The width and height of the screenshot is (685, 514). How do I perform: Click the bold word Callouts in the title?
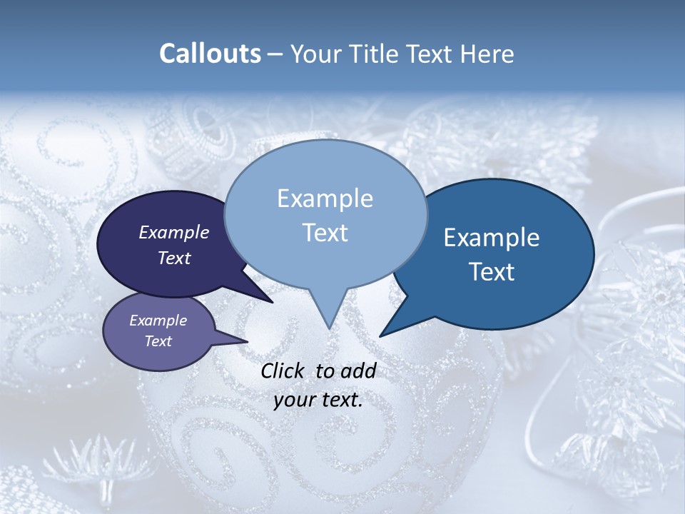tap(210, 54)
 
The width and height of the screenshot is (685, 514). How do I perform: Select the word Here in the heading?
tap(487, 54)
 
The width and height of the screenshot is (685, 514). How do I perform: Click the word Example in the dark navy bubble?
tap(174, 232)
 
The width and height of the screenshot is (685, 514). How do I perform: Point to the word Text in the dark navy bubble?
tap(174, 258)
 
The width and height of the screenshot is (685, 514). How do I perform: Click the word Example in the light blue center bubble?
tap(325, 198)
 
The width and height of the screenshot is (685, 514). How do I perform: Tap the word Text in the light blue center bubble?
tap(325, 233)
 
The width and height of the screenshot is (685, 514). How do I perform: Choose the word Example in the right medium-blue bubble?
tap(492, 238)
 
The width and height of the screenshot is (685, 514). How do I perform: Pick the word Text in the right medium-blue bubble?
tap(492, 272)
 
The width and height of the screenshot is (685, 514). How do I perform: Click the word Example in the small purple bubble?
tap(158, 321)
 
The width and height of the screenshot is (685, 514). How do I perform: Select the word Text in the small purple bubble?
tap(158, 341)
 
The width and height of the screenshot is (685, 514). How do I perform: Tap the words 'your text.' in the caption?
tap(318, 400)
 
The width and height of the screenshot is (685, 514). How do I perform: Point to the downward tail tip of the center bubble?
tap(329, 328)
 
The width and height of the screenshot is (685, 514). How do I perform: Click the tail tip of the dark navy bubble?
tap(273, 303)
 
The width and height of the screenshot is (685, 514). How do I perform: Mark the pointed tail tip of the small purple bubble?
tap(248, 341)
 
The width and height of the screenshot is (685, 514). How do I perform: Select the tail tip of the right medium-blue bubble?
tap(380, 336)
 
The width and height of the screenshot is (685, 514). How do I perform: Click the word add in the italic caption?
tap(358, 371)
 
